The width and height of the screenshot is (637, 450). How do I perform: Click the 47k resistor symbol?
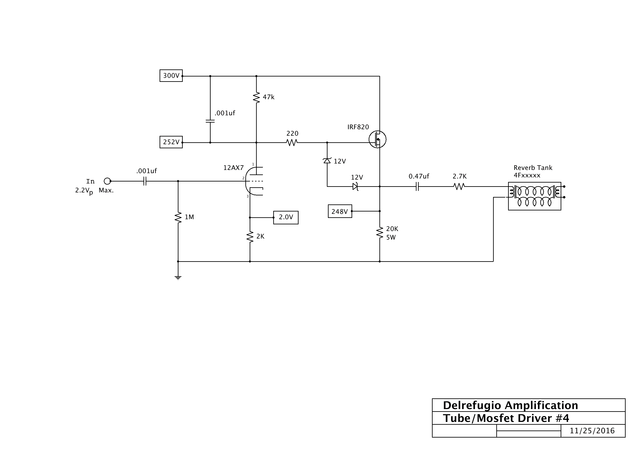256,97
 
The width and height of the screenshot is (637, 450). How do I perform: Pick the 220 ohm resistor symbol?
292,142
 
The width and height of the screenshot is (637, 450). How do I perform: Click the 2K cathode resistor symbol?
250,237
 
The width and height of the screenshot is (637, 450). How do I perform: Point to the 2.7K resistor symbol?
459,187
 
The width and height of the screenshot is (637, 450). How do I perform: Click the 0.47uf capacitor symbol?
417,187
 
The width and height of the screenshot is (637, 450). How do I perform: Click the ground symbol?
178,277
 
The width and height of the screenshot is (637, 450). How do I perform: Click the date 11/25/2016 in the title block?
592,430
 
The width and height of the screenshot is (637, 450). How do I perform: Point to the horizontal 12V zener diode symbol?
355,187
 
